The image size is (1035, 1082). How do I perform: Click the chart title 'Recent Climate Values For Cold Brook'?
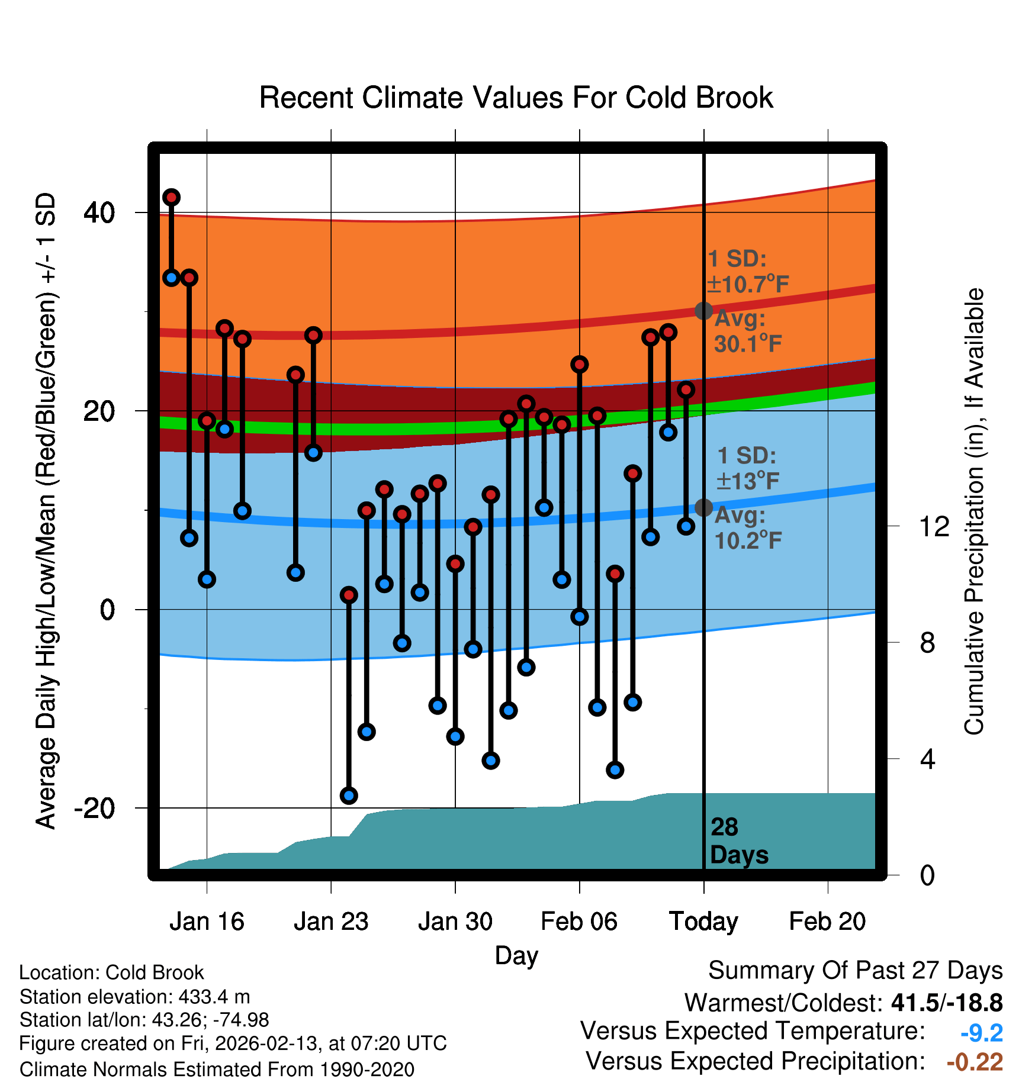516,98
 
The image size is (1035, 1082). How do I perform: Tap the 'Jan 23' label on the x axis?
331,922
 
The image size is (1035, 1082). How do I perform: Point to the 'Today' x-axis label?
703,922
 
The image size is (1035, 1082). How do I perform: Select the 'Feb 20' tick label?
827,922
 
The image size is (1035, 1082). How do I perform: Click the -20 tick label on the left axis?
94,808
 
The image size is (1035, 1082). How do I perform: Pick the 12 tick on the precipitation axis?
934,526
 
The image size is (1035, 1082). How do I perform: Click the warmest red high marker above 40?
172,197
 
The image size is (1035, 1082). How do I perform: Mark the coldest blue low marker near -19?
349,796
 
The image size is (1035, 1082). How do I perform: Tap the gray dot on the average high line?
703,311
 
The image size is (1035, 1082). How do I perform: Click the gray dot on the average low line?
703,507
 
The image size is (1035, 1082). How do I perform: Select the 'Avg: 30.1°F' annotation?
747,331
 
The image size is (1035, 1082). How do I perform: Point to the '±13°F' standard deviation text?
747,481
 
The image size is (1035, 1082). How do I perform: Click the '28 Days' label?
738,841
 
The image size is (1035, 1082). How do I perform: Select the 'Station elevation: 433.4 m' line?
135,997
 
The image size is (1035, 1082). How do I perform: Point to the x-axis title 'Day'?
516,955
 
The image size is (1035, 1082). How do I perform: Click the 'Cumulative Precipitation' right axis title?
974,511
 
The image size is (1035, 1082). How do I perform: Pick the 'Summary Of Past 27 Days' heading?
855,971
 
